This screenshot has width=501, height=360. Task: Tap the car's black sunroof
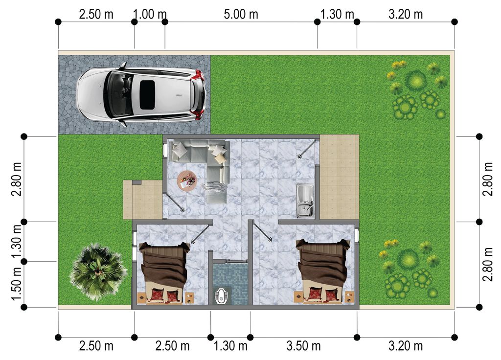tap(147, 95)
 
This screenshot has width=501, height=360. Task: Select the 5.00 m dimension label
tap(241, 14)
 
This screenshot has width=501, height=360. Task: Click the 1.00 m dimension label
tap(150, 14)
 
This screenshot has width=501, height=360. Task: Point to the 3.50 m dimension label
tap(303, 346)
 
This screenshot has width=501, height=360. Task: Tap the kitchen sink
tap(305, 201)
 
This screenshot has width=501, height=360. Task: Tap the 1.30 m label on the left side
tap(16, 242)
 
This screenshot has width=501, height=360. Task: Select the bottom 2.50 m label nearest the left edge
tap(96, 346)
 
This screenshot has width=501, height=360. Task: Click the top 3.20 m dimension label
tap(406, 14)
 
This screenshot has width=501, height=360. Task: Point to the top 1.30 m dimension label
tap(337, 14)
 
